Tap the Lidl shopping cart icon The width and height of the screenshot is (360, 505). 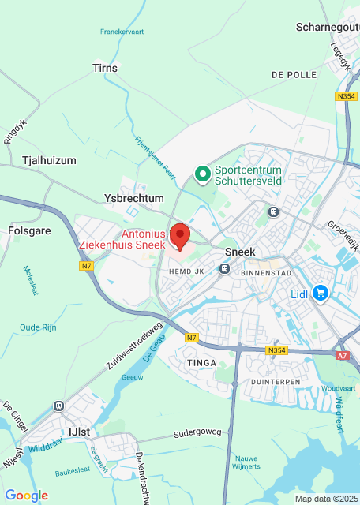[x=321, y=294]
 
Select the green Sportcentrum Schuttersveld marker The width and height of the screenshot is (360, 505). [x=202, y=173]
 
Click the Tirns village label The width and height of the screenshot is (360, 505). [x=105, y=69]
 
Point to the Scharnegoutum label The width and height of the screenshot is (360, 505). [x=326, y=27]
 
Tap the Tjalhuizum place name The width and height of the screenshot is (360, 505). [x=49, y=160]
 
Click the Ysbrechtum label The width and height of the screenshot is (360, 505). [x=134, y=198]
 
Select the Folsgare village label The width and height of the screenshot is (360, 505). [x=29, y=232]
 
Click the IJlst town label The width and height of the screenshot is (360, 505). [x=80, y=432]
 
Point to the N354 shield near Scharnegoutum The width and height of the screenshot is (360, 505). [x=345, y=96]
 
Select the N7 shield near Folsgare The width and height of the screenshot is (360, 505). [x=87, y=266]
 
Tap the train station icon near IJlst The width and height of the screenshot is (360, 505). [x=58, y=406]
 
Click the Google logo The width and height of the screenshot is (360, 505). [x=26, y=496]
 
